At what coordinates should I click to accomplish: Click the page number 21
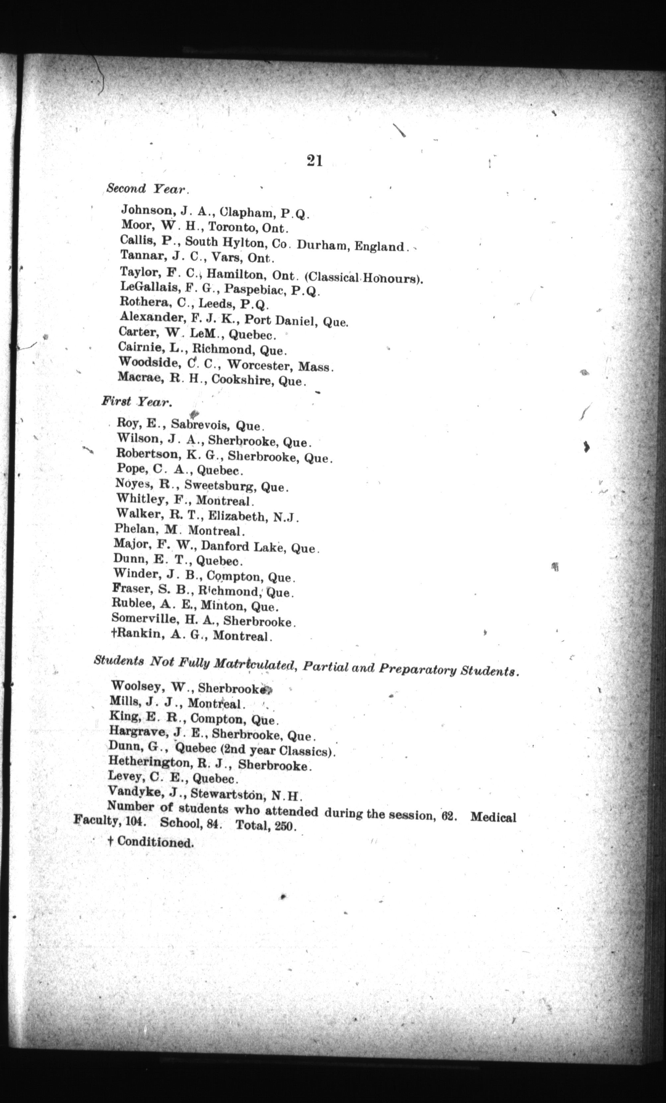(x=315, y=161)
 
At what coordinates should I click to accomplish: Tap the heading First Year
(x=136, y=402)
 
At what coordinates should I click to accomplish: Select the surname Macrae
(x=140, y=377)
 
